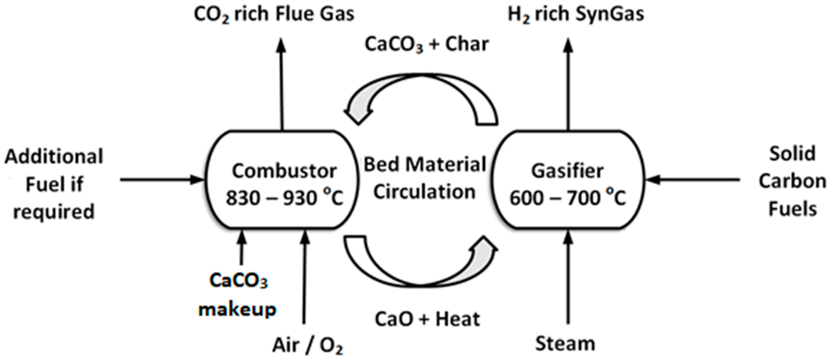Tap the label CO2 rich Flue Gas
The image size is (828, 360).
tap(274, 14)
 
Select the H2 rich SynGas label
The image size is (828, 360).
tap(576, 14)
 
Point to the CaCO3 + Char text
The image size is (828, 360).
tap(427, 44)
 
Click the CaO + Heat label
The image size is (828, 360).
tap(427, 319)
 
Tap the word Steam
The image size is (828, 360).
tap(565, 343)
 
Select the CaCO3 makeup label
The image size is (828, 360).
tap(238, 295)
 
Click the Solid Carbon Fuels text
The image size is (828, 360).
tap(792, 182)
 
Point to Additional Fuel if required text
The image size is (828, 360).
tap(54, 184)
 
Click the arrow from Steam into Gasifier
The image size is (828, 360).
tap(568, 276)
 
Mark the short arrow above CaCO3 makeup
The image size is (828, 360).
tap(242, 247)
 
